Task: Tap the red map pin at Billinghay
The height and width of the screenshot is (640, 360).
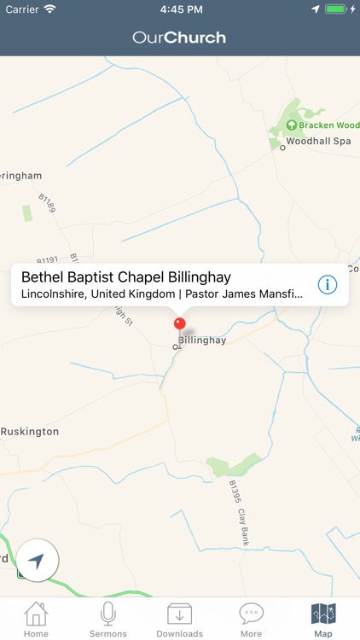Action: [179, 324]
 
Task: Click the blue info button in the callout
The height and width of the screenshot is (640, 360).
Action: [328, 285]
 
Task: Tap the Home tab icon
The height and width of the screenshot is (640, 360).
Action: [36, 619]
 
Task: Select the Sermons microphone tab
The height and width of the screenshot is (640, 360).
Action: [108, 619]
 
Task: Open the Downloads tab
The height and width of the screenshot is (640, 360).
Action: [179, 619]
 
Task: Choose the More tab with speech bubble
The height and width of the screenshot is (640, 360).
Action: [251, 619]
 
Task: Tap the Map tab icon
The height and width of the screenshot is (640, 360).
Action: [323, 619]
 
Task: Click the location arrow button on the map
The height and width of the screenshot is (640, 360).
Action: [37, 561]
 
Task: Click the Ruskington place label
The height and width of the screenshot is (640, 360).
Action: [30, 432]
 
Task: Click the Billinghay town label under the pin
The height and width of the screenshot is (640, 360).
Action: [202, 340]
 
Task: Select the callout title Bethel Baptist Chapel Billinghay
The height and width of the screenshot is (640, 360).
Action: [125, 277]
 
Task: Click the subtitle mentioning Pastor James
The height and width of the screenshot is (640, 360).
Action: [162, 294]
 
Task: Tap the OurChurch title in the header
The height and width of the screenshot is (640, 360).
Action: [179, 38]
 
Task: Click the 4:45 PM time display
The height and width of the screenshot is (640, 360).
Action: [179, 9]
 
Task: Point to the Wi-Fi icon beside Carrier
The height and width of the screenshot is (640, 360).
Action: [49, 9]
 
